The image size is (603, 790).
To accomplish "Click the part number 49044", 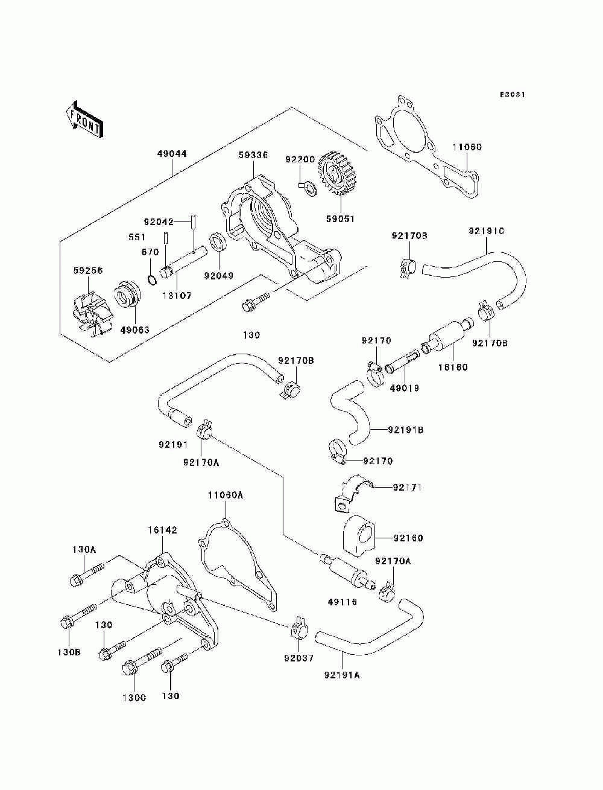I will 174,154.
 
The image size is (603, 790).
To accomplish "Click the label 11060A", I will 226,495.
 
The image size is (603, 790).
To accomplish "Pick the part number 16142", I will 162,530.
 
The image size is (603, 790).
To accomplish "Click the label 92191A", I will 342,675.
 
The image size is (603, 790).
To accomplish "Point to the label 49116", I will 343,602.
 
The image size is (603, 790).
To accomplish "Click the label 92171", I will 408,486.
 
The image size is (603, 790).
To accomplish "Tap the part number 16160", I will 452,367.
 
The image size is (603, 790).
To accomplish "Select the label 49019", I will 404,388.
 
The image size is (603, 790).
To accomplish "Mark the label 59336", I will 253,155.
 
